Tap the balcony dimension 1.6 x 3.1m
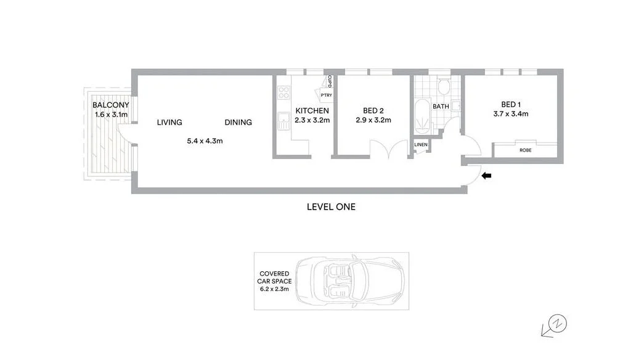click(112, 115)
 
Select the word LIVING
click(169, 123)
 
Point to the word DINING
click(238, 123)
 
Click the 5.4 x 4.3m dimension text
click(205, 141)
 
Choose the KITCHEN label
click(312, 111)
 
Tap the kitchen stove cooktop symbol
click(284, 92)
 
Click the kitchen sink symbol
click(283, 121)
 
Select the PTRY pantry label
click(326, 95)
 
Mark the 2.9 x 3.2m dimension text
click(373, 120)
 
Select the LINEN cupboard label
click(421, 145)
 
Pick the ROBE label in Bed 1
click(526, 150)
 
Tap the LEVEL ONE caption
click(331, 207)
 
